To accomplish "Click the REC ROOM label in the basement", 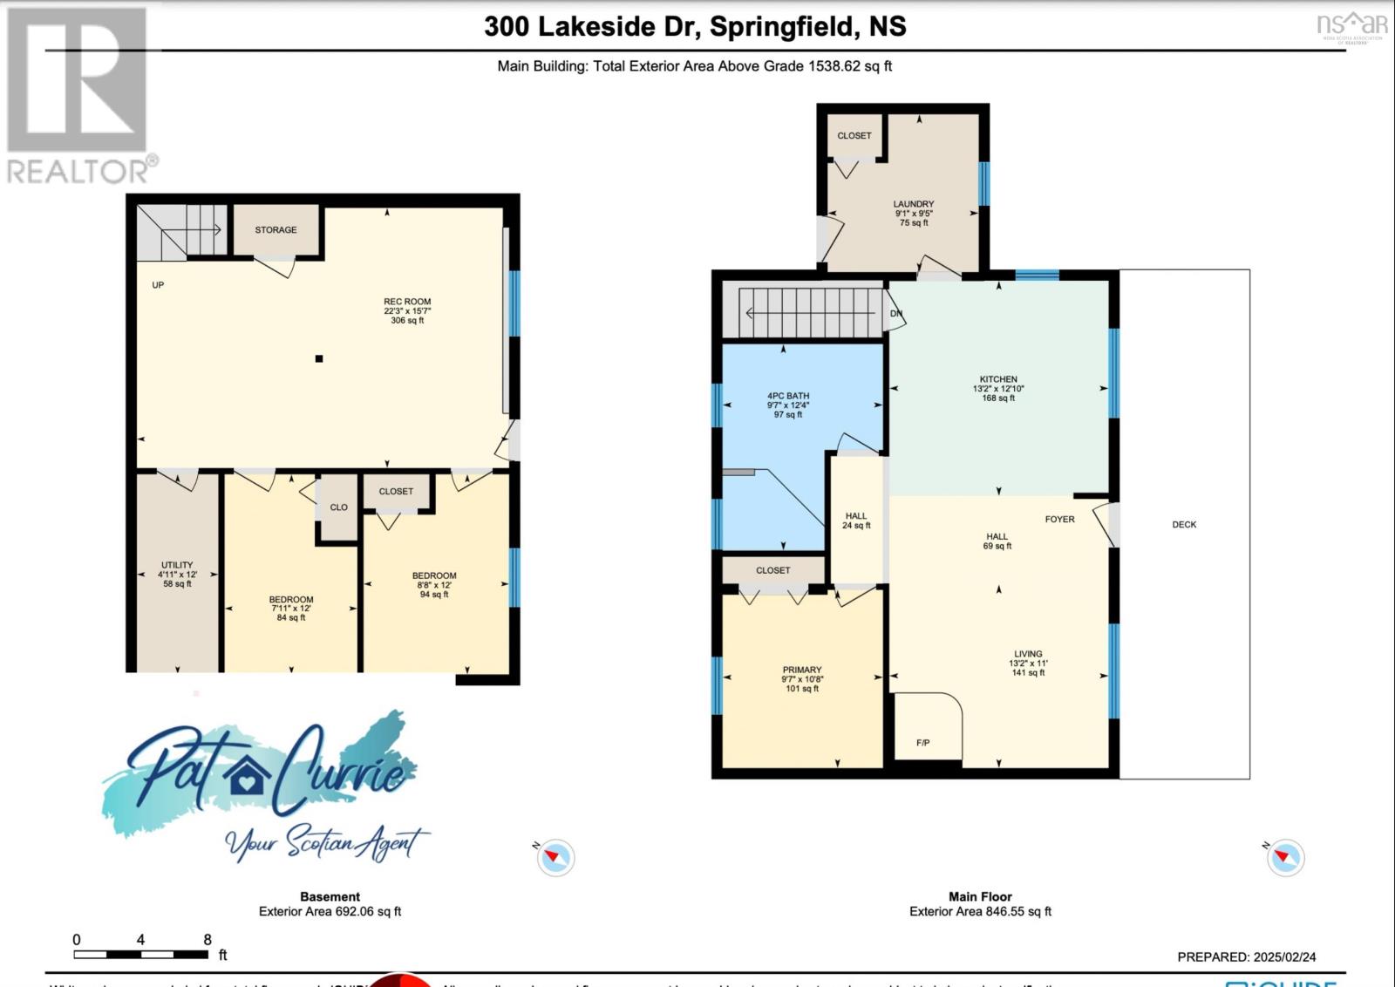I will pos(407,302).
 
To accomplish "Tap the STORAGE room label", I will pos(276,230).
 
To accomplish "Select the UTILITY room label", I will pos(177,565).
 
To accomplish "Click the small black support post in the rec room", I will pos(319,358).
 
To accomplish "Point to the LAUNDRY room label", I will pos(914,204).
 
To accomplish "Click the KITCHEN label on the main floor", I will pos(998,379).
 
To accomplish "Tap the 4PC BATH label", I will pos(788,396).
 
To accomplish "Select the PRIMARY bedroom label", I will pos(801,670).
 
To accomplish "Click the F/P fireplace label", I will pos(923,743).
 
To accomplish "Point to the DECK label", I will pos(1184,525).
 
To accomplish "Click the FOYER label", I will pos(1059,519).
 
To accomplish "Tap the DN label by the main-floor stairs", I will pos(896,314).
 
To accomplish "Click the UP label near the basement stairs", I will pos(158,285).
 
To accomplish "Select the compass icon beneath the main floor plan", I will pos(1285,858).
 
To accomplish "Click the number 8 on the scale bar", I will pos(208,940).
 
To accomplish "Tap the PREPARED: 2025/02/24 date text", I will pos(1247,956).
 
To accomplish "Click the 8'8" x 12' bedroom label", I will pos(434,575).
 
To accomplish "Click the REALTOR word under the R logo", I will pos(77,171).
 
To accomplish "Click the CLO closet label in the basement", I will pos(338,507).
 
